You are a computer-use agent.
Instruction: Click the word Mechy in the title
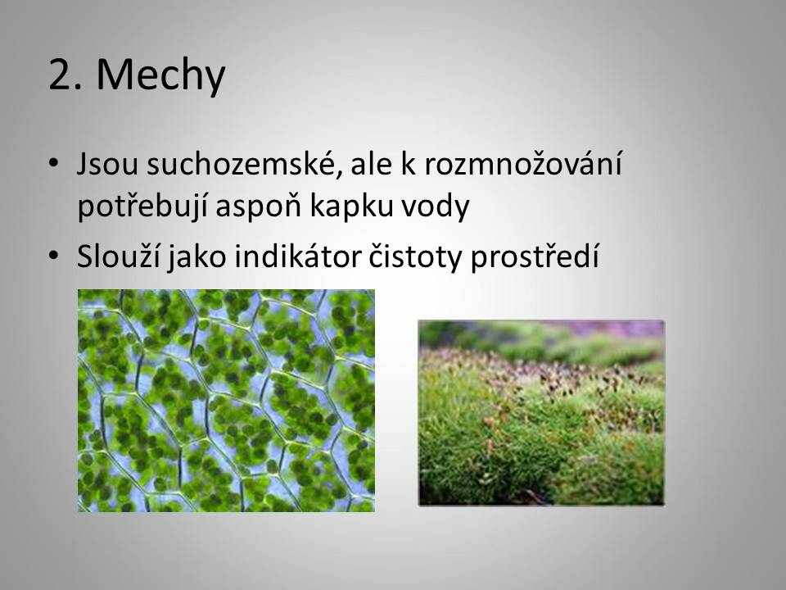[161, 75]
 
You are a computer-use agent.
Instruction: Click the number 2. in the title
[65, 75]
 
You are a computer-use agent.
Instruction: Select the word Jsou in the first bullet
[106, 164]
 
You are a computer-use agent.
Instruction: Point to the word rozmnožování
[523, 164]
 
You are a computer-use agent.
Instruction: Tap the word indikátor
[298, 256]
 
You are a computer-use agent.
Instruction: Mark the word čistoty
[414, 256]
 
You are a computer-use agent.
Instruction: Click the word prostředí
[535, 256]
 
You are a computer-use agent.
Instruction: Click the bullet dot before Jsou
[54, 162]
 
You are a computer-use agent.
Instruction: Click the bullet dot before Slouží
[54, 255]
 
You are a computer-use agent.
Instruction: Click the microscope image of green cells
[226, 401]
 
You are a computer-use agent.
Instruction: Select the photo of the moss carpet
[541, 412]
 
